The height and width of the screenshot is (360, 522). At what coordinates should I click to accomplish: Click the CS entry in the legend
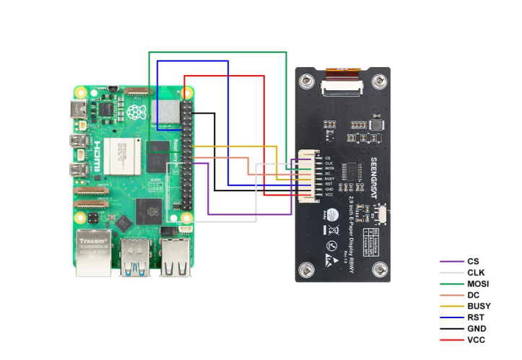point(473,261)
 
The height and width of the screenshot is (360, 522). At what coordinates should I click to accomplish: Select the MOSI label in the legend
point(477,284)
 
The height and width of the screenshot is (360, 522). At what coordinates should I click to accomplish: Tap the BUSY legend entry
point(479,306)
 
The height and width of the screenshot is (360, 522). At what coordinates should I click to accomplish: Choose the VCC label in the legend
point(476,339)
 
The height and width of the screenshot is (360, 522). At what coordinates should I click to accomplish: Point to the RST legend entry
point(475,317)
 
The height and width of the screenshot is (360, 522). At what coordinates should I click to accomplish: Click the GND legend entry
point(476,328)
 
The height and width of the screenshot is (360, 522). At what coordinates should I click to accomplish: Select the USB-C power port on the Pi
point(78,110)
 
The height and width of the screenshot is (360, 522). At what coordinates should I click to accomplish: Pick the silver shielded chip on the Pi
point(168,112)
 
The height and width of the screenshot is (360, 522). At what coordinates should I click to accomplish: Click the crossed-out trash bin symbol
point(334,232)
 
